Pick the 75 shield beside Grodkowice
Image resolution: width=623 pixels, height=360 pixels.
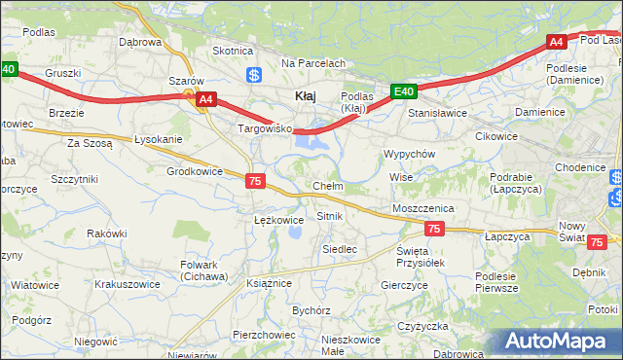[x=255, y=181]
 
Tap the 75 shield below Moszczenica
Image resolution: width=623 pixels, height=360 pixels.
[x=434, y=229]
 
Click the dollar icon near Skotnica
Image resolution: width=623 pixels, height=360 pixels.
[x=253, y=74]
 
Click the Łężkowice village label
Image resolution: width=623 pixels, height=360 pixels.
[x=279, y=220]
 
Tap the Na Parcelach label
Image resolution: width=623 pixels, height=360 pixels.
[x=313, y=63]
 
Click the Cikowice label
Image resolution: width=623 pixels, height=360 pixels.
[x=495, y=136]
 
